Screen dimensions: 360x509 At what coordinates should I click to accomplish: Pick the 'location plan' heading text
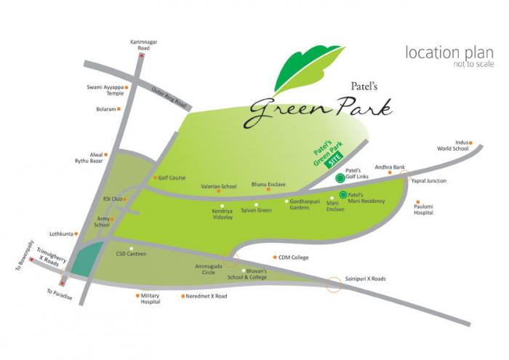(444, 53)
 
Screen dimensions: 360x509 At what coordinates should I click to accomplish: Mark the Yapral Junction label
(429, 180)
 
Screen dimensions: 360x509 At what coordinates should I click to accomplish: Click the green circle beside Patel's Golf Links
(339, 177)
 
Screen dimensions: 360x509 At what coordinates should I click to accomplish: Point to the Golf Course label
(172, 177)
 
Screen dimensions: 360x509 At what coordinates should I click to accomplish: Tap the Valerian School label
(219, 186)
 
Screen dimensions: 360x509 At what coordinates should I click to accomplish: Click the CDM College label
(293, 257)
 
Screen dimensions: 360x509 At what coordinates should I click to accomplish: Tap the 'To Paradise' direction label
(59, 295)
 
